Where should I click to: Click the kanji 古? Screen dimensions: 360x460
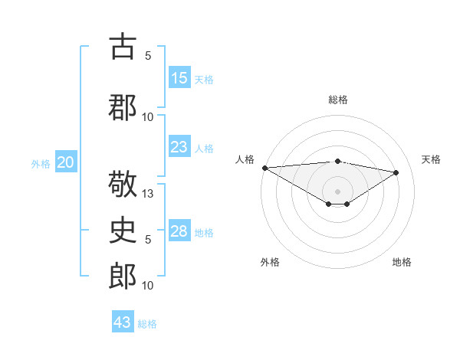[123, 47]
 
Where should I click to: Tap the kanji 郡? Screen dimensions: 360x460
[123, 108]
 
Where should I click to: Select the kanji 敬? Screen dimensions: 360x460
[123, 185]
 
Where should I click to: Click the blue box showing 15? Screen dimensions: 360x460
[179, 78]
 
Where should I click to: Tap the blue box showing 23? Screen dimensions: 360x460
[179, 147]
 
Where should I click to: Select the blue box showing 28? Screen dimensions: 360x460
[179, 231]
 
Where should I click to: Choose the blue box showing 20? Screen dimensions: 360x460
[66, 162]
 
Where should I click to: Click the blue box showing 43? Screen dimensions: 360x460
[123, 322]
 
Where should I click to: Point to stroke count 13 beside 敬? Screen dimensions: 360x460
[149, 194]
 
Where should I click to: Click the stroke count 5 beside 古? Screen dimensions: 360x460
[148, 55]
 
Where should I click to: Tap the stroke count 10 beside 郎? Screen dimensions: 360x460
[148, 285]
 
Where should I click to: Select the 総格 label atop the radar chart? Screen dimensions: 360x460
[337, 100]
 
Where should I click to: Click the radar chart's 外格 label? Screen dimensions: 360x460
[270, 262]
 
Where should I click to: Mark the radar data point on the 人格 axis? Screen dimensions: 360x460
[264, 168]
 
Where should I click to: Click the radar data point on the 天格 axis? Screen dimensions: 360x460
[396, 172]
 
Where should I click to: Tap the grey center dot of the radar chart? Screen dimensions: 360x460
[337, 191]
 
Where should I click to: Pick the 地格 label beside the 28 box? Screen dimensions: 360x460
[204, 232]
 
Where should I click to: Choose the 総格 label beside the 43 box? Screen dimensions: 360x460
[147, 323]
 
